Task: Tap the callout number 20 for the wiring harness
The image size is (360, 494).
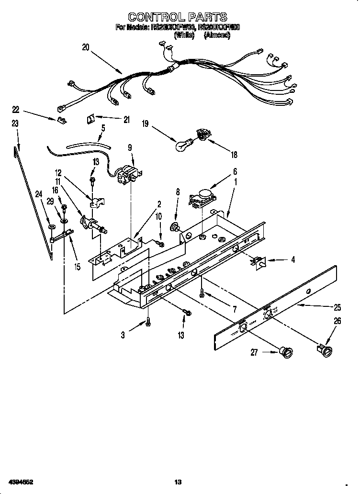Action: tap(86, 47)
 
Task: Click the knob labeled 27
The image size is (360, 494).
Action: tap(287, 353)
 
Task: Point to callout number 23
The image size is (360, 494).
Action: tap(15, 123)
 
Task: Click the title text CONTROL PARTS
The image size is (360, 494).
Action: tap(178, 18)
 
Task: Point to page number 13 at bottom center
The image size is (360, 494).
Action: tap(178, 481)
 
